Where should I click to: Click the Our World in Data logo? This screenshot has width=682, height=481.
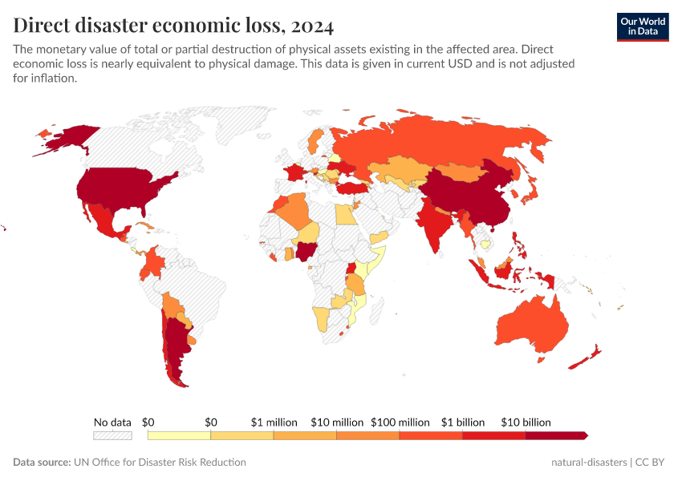point(642,26)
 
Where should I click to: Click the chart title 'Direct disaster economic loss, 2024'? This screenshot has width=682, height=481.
point(173,26)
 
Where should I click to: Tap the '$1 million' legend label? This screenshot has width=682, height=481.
point(274,422)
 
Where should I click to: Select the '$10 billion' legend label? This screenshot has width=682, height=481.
point(526,422)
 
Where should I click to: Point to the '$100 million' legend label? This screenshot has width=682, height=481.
point(400,422)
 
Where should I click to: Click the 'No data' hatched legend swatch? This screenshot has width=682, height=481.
point(112,435)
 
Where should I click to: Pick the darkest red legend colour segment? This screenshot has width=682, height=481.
point(556,435)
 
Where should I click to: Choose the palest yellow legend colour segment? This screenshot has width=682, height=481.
point(179,435)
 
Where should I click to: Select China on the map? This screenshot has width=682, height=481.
point(469,196)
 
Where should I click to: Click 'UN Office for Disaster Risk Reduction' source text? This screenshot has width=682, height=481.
point(160,463)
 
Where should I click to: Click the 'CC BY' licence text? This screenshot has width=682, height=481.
point(651,463)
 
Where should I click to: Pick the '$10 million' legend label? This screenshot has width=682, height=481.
point(337,422)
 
